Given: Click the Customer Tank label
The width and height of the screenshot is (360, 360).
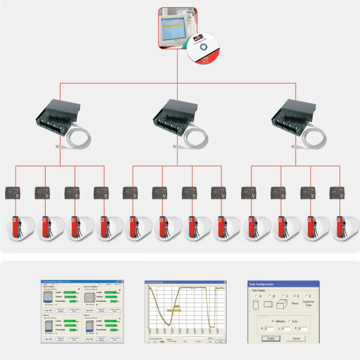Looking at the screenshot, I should [308, 305].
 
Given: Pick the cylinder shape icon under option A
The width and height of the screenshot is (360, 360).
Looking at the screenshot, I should [258, 305].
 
